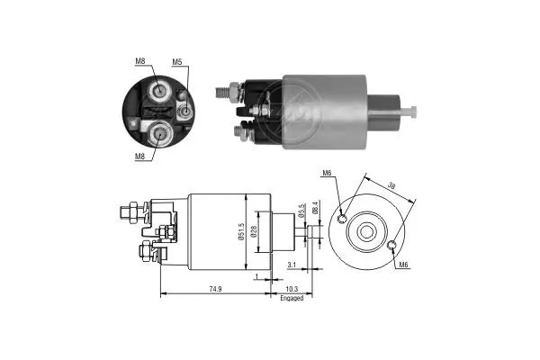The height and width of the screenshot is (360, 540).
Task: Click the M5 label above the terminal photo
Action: tap(176, 62)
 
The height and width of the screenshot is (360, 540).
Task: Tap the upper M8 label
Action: tap(139, 61)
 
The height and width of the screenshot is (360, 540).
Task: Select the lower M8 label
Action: tap(139, 157)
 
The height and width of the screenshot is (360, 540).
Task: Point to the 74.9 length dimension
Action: tap(215, 289)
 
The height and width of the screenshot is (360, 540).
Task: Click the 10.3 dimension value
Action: tap(292, 289)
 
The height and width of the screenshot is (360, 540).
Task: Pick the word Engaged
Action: tap(292, 298)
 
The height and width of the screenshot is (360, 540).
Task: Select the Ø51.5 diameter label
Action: tap(241, 231)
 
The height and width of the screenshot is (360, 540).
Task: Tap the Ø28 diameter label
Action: tap(254, 231)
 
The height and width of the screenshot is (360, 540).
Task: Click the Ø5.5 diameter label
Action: tap(302, 211)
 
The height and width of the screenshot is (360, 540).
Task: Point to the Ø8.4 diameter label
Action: tap(315, 209)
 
